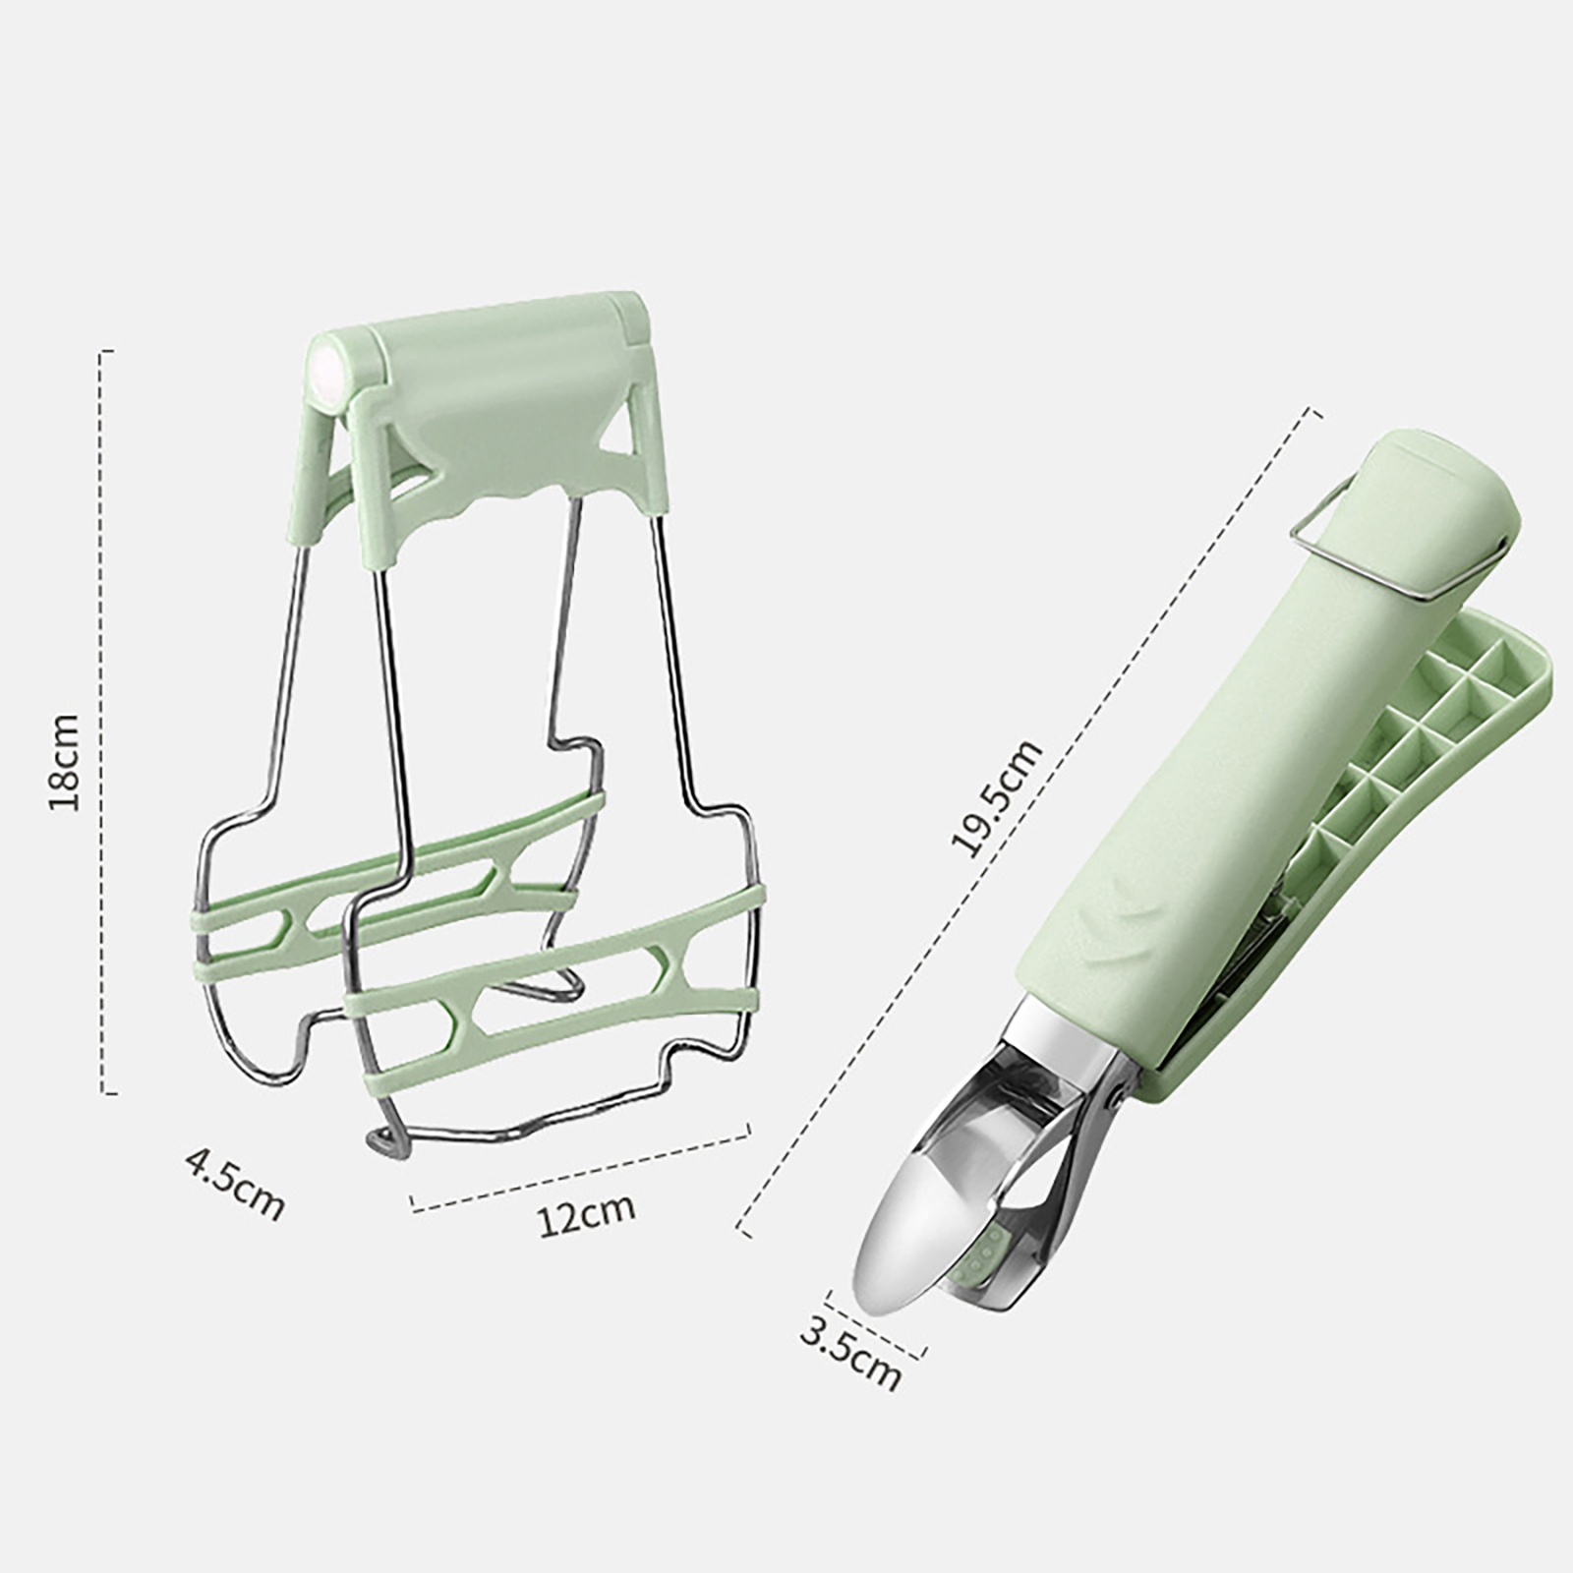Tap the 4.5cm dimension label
[234, 1186]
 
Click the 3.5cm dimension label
[851, 1353]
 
